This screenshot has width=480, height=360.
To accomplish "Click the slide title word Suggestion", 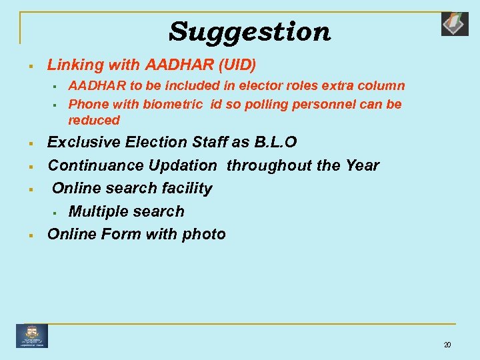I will click(x=249, y=31).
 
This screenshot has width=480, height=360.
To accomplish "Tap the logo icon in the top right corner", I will click(x=455, y=23).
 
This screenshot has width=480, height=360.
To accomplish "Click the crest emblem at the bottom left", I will click(x=32, y=335).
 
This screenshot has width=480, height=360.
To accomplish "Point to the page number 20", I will click(x=447, y=345).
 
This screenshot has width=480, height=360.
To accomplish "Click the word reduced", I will click(x=94, y=121).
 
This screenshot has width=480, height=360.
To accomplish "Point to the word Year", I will click(x=361, y=165).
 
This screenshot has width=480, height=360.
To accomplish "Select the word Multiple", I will click(x=97, y=211).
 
